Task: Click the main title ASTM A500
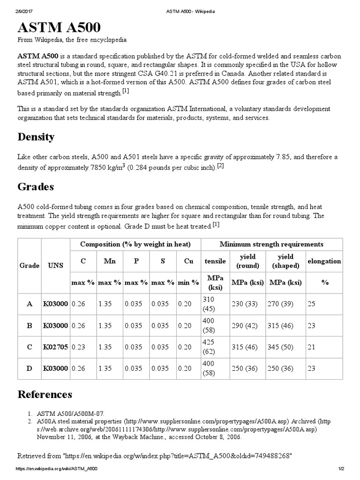point(59,26)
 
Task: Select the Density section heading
point(36,137)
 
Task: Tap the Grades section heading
point(36,187)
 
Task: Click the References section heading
point(45,394)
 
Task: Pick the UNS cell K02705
point(55,347)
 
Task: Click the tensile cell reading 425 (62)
point(210,347)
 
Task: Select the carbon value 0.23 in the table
point(78,347)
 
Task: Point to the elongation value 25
point(311,304)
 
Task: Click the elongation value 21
point(311,347)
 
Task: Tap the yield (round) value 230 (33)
point(244,304)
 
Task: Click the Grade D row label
point(29,368)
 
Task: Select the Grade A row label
point(29,304)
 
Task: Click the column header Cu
point(188,261)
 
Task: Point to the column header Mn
point(110,261)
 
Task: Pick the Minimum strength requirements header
point(271,244)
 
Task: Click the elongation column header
point(324,261)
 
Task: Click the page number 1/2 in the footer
point(341,469)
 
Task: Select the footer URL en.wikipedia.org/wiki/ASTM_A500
point(57,469)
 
